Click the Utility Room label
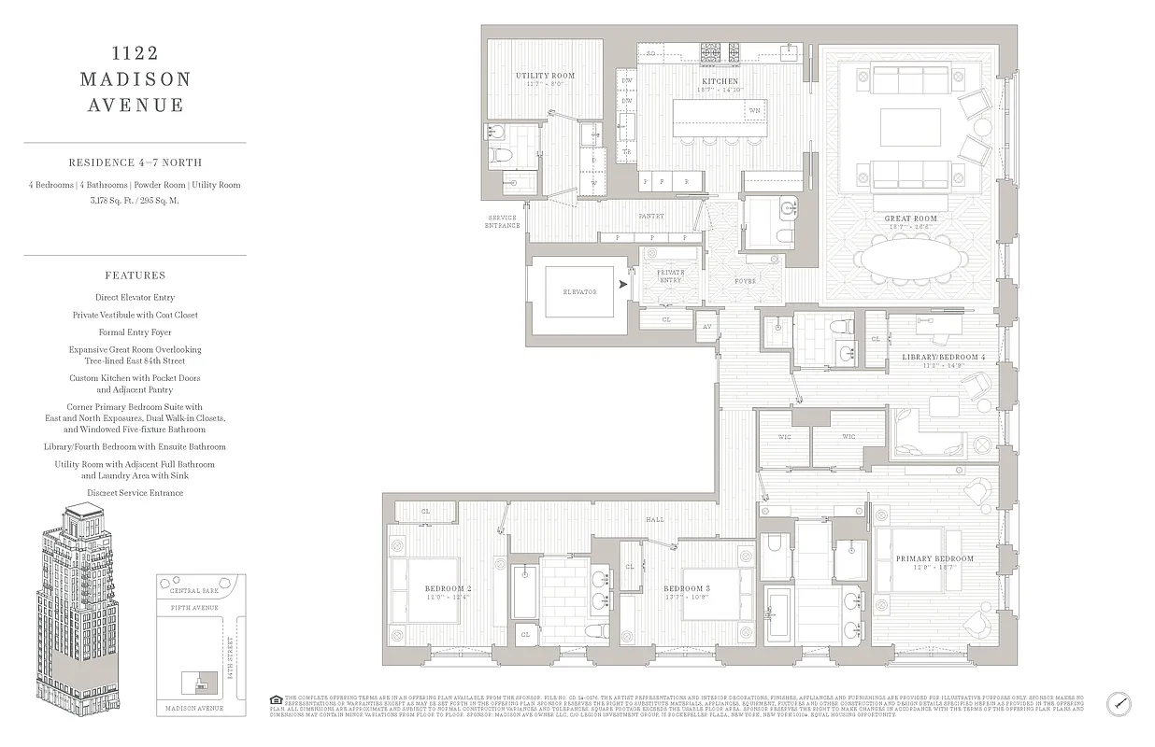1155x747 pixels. click(x=545, y=76)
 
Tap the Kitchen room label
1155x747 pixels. click(x=720, y=81)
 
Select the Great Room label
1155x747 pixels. click(x=910, y=218)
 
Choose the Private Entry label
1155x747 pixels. click(x=670, y=275)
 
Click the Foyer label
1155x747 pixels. click(x=745, y=279)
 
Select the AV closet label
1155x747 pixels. click(x=706, y=326)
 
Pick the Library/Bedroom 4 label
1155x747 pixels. click(x=943, y=358)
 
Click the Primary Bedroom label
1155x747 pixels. click(x=934, y=559)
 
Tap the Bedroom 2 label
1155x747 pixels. click(x=423, y=588)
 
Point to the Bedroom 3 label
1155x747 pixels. click(x=687, y=588)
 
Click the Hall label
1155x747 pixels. click(x=653, y=520)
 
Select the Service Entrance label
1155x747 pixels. click(x=502, y=221)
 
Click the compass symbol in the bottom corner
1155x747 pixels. click(x=1119, y=703)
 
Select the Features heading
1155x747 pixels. click(x=135, y=275)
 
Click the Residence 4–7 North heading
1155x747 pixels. click(x=135, y=162)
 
